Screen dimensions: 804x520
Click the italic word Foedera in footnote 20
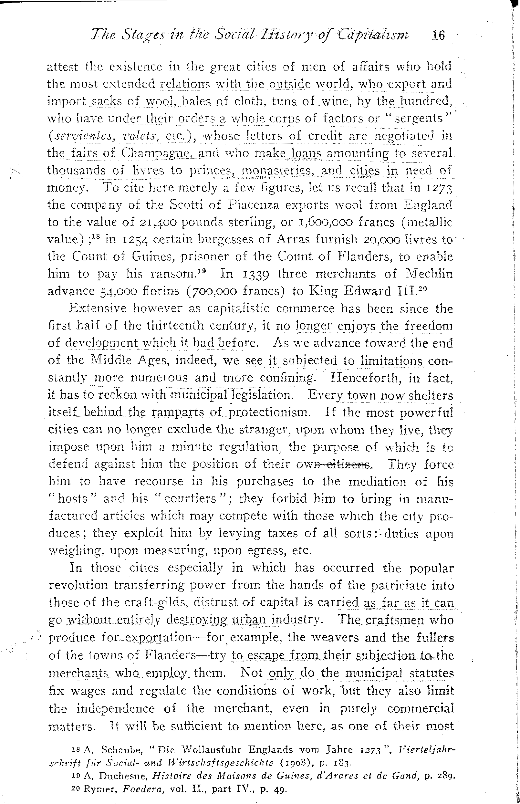[144, 789]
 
